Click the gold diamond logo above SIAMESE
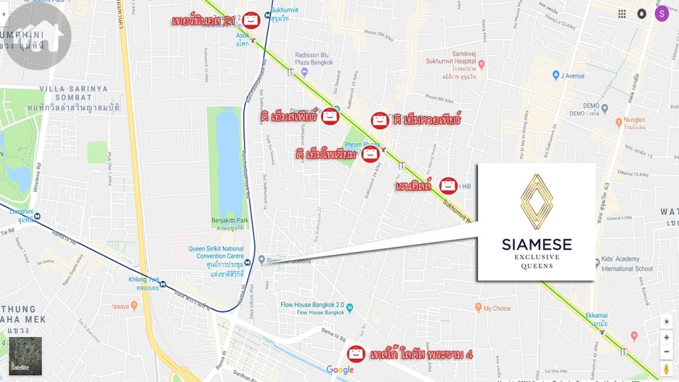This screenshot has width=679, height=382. coord(536,202)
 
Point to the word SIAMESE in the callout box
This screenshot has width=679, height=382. coord(536,245)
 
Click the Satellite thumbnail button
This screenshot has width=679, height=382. coord(25,356)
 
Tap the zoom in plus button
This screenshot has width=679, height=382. coord(666,337)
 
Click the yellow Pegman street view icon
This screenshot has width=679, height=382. coord(666,368)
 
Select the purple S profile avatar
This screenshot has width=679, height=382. coord(661,13)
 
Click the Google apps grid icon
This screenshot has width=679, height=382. coord(622,14)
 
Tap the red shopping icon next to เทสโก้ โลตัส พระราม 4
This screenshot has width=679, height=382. coord(356,353)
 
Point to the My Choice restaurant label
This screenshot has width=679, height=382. coord(497,308)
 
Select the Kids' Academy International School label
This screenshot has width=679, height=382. coord(627,265)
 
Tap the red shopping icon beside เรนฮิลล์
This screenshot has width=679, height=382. coord(448,185)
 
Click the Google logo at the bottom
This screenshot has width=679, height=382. coord(340,370)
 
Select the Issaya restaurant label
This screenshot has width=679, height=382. coord(120,306)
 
